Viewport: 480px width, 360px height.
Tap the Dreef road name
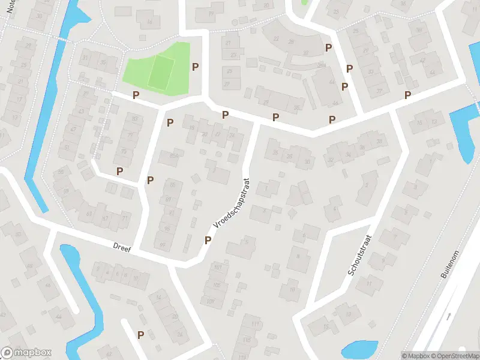pyautogui.click(x=122, y=246)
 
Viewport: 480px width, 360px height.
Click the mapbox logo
pyautogui.click(x=26, y=353)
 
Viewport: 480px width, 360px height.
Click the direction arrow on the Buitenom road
pyautogui.click(x=449, y=316)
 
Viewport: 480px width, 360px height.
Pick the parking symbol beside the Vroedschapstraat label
pyautogui.click(x=208, y=240)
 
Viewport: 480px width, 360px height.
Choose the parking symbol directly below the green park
pyautogui.click(x=136, y=95)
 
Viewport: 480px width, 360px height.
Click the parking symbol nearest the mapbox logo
pyautogui.click(x=140, y=335)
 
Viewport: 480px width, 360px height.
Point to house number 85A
pyautogui.click(x=174, y=155)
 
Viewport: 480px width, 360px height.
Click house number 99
pyautogui.click(x=162, y=245)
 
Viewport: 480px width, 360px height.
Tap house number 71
pyautogui.click(x=125, y=218)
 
